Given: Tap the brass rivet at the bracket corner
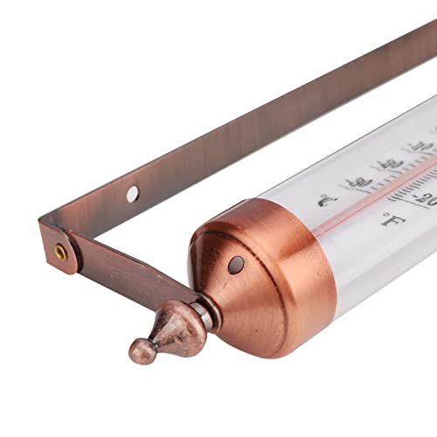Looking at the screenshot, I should tap(59, 251).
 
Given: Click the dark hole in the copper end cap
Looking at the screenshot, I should tap(234, 262).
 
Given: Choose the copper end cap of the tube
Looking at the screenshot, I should tap(262, 280).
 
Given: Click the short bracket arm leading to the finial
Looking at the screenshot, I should tap(122, 278).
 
